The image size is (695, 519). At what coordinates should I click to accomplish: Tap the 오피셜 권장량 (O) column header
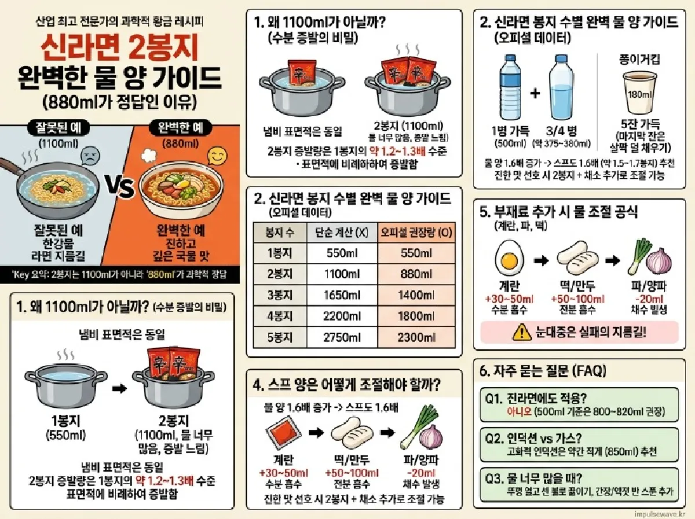point(416,233)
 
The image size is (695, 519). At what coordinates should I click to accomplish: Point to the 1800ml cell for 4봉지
point(416,316)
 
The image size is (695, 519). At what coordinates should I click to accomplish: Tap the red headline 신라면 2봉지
point(120,49)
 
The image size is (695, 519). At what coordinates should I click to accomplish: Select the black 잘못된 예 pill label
point(58,128)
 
